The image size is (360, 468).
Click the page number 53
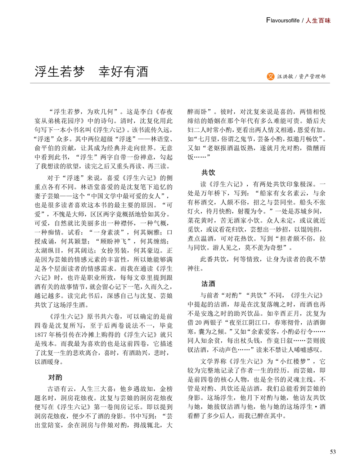tap(333, 452)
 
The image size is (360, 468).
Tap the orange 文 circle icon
tap(270, 76)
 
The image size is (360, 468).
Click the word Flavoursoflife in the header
tap(283, 21)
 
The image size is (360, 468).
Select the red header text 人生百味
tap(318, 21)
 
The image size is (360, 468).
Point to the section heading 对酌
tap(55, 377)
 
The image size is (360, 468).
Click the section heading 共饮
tap(208, 172)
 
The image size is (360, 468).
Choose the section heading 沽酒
tap(208, 284)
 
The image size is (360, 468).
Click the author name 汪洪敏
tap(285, 76)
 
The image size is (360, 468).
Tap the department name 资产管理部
tap(312, 76)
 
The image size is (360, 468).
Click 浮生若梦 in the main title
tap(60, 72)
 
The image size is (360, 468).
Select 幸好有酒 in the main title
tap(123, 72)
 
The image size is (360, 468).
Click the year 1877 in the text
tap(41, 335)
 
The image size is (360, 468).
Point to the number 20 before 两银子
tap(199, 323)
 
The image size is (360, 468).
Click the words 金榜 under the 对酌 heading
tap(166, 389)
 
